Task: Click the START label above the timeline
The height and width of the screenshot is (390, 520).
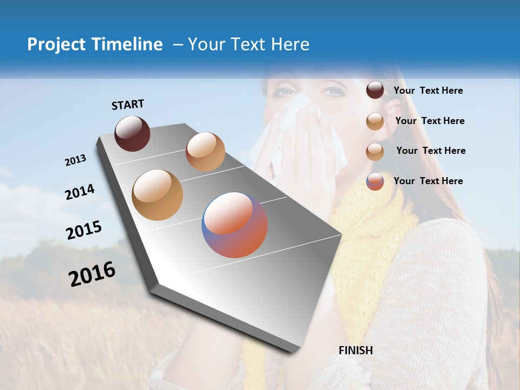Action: pos(128,105)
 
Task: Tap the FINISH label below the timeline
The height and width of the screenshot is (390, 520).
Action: pos(355,350)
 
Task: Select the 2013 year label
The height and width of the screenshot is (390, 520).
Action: pos(75,160)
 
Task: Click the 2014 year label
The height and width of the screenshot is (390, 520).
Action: pos(80,192)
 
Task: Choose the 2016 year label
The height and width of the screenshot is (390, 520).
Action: pos(92,274)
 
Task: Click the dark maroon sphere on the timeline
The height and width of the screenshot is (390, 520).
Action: pos(132,133)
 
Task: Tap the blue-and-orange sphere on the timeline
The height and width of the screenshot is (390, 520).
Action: pos(235,224)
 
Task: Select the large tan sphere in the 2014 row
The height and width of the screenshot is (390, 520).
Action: pos(157,194)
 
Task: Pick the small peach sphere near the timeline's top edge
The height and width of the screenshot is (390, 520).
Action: pos(205,152)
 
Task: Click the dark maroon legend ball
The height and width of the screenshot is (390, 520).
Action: pos(375,90)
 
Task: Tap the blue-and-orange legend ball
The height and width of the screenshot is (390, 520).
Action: pos(375,181)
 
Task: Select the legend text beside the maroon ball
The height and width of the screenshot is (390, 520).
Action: pos(428,90)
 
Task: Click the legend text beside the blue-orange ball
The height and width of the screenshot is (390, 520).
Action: pos(428,181)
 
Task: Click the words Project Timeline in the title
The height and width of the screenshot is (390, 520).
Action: pos(95,44)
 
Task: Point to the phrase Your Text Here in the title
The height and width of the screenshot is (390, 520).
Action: pos(249,44)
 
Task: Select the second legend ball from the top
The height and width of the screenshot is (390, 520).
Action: pos(375,121)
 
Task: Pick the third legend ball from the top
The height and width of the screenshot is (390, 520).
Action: pos(375,151)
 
